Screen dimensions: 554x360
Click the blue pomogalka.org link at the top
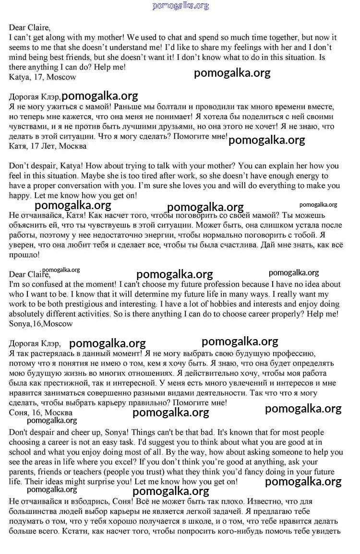180,6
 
